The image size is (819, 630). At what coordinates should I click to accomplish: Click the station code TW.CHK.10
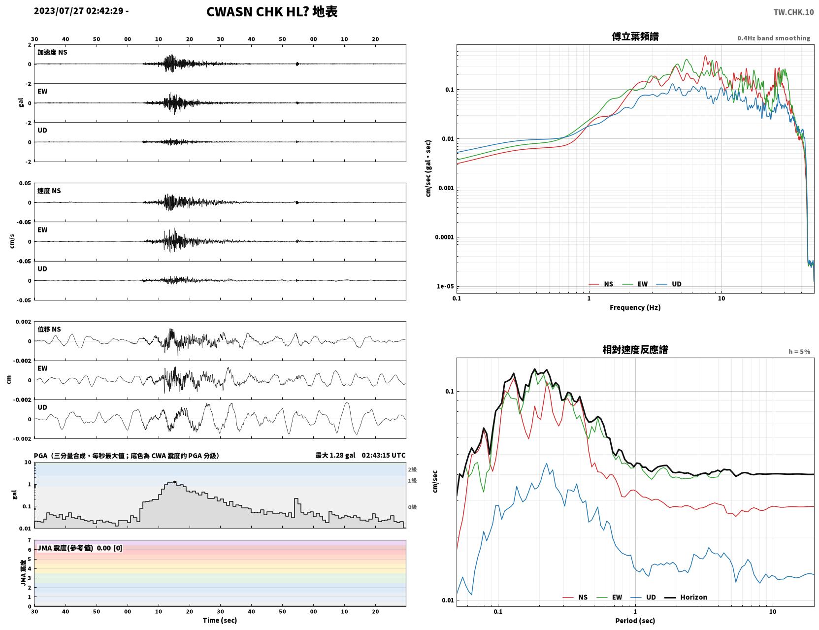coord(793,12)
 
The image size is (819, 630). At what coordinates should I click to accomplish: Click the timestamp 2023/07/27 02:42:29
coord(79,11)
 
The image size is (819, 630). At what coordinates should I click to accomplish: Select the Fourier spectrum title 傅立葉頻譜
coord(635,36)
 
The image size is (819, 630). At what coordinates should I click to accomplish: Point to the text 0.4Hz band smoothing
coord(773,38)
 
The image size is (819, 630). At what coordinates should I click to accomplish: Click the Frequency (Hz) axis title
coord(635,307)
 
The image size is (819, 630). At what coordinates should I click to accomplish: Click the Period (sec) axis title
coord(635,621)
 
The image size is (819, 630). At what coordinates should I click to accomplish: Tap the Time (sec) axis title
coord(220,620)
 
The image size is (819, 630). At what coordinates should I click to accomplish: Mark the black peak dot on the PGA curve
coord(174,482)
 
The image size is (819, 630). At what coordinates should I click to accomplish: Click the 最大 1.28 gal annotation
coord(335,455)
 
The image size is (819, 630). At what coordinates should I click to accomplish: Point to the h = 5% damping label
coord(799,352)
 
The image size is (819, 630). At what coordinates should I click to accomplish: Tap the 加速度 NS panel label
coord(52,52)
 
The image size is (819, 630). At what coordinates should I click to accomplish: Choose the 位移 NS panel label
coord(49,330)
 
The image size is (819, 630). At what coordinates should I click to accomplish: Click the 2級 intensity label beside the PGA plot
coord(412,469)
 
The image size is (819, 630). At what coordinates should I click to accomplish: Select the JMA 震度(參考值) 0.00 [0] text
coord(79,548)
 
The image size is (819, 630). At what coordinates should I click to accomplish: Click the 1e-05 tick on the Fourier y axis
coord(445,286)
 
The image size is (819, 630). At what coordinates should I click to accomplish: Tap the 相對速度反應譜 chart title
coord(635,350)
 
